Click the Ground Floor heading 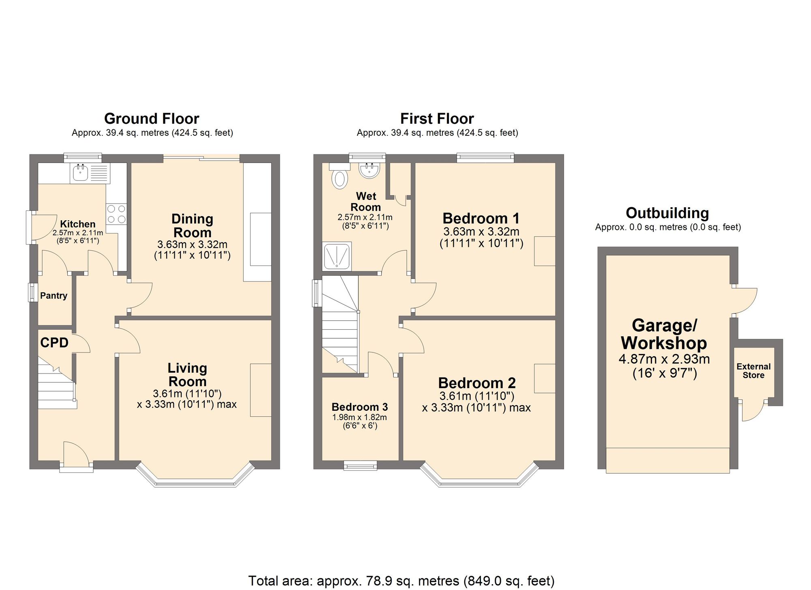[152, 118]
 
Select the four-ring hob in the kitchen [116, 214]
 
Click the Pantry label [54, 296]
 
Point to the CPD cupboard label [54, 343]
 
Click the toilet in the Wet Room [339, 179]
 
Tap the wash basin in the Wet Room [369, 170]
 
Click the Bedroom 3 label [360, 407]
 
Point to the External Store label [753, 371]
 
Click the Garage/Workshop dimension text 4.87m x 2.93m [664, 359]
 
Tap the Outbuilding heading [667, 213]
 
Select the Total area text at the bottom [401, 581]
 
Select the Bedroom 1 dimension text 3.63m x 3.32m [481, 232]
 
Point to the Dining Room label [192, 225]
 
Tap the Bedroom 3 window [360, 466]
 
